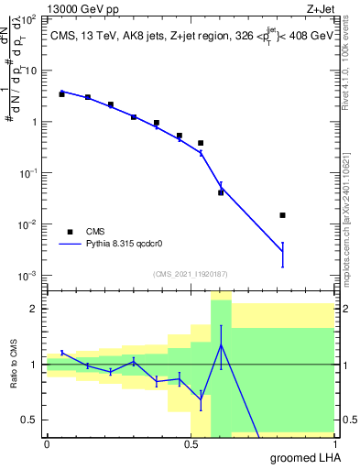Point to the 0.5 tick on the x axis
click(x=191, y=443)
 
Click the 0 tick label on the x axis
click(x=47, y=443)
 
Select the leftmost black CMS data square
click(x=61, y=94)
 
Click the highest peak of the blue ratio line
click(x=221, y=344)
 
